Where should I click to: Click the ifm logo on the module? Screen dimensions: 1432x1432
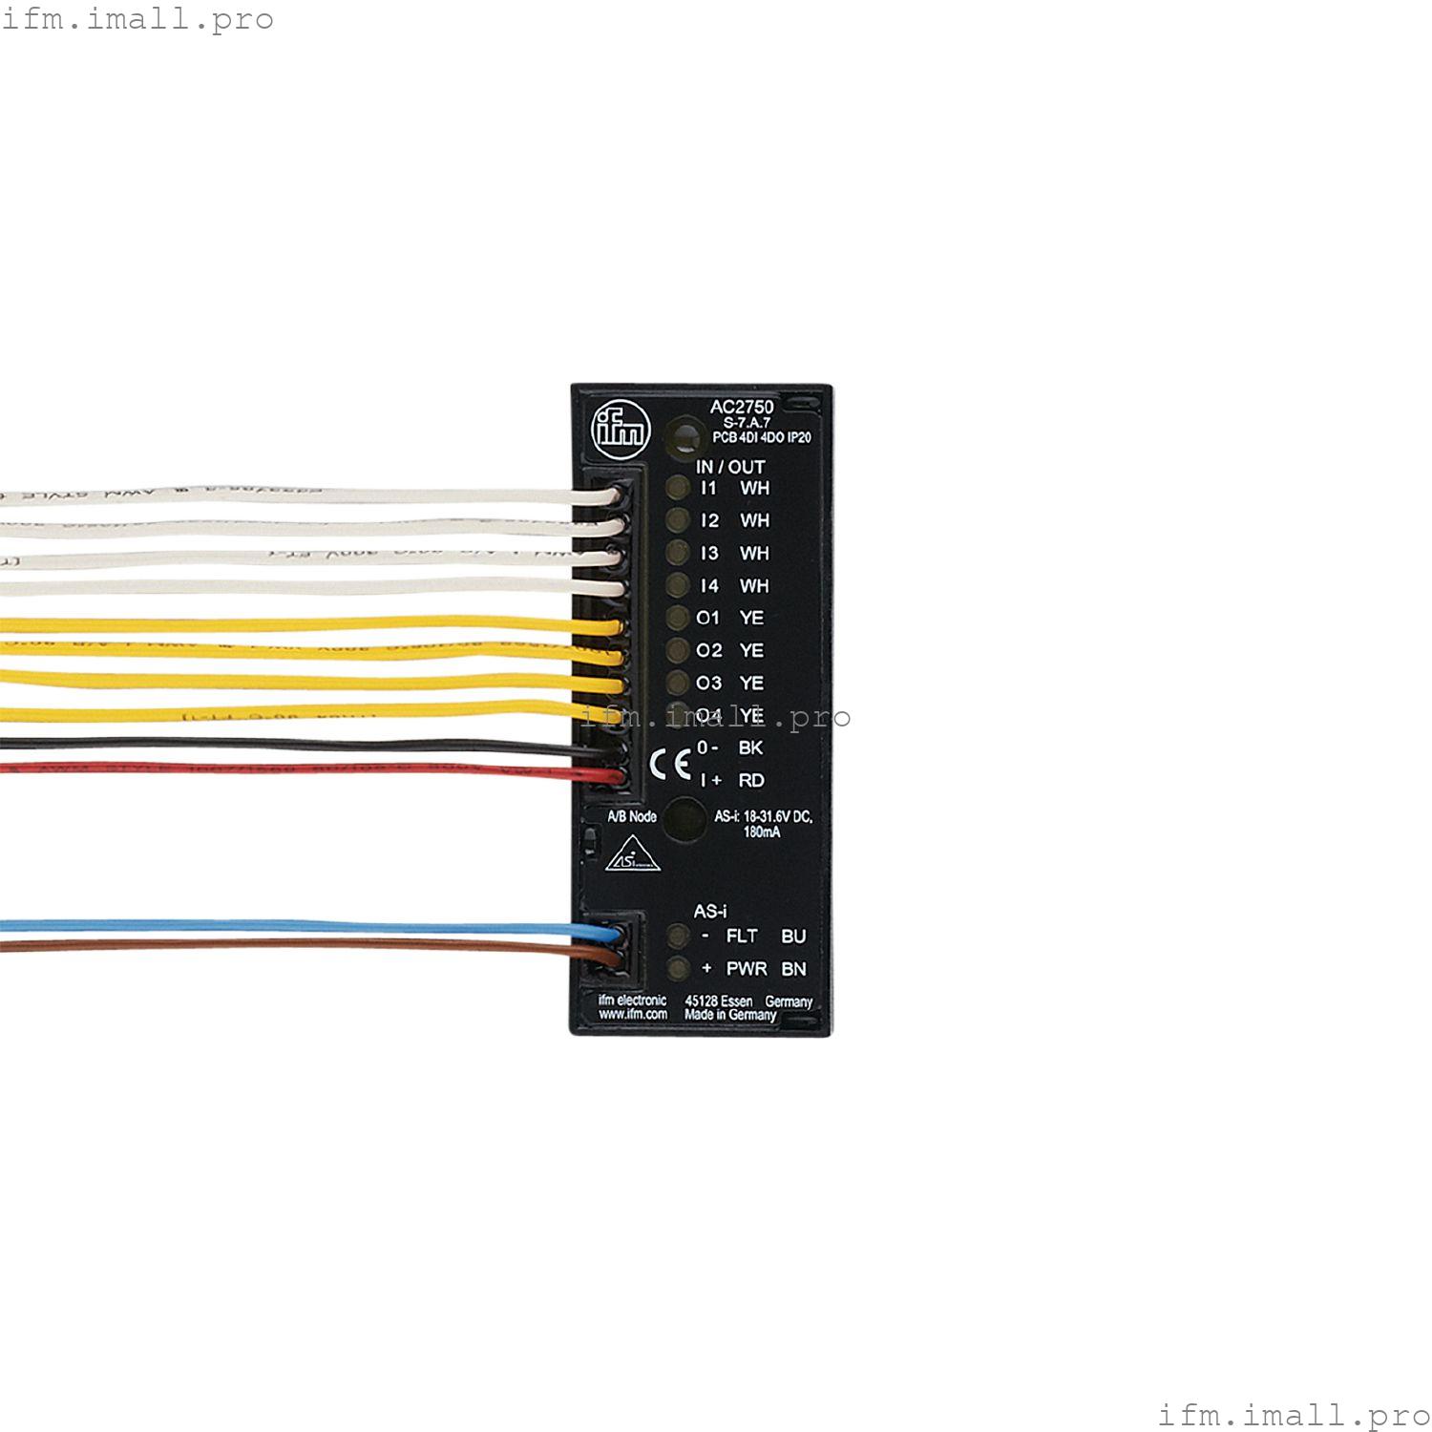click(621, 430)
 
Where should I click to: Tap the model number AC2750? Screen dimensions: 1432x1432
click(742, 407)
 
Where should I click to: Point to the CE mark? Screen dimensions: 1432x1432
click(670, 764)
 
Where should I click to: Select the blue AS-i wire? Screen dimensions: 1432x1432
click(286, 926)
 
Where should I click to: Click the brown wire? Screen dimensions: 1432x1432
click(286, 944)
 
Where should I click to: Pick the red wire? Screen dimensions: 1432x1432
click(286, 768)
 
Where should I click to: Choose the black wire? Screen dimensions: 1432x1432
click(286, 745)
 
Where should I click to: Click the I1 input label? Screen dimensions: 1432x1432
click(708, 488)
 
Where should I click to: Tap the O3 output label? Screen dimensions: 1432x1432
click(708, 683)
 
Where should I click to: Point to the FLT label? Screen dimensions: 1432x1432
click(742, 937)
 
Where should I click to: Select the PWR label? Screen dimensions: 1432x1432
click(747, 969)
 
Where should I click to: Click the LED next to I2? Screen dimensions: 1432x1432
click(678, 520)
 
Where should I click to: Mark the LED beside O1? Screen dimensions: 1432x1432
click(678, 618)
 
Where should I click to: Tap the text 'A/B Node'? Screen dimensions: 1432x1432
click(632, 816)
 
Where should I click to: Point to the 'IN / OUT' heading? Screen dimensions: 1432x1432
click(730, 467)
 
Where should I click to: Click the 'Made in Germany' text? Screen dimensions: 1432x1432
click(730, 1015)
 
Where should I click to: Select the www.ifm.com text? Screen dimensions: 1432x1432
click(632, 1015)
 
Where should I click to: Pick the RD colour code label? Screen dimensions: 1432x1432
click(751, 780)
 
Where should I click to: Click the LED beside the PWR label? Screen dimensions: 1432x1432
click(678, 969)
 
